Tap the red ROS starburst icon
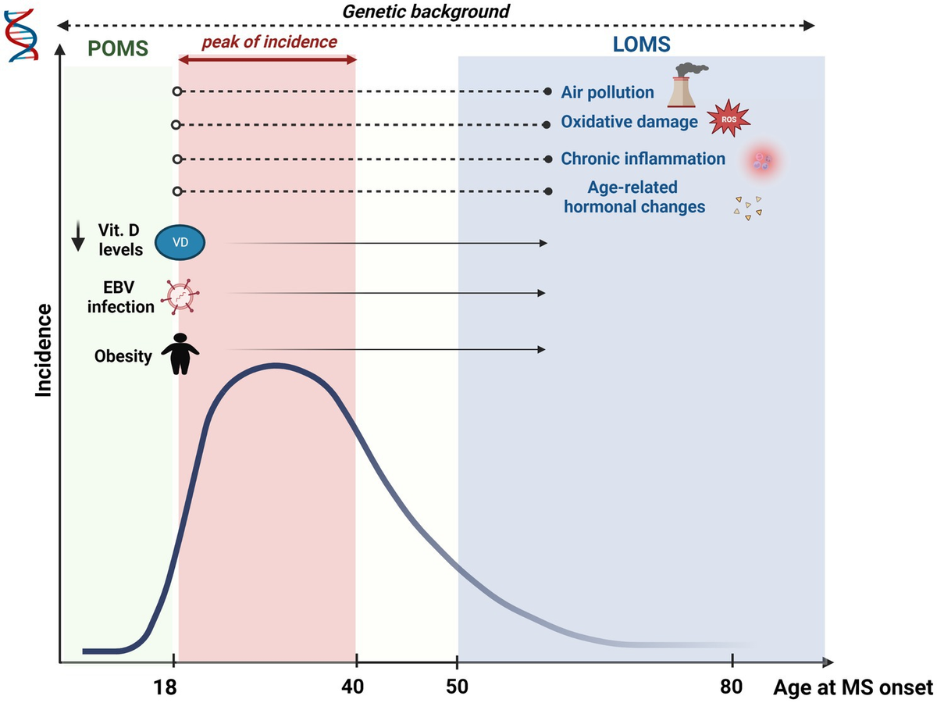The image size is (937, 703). point(729,119)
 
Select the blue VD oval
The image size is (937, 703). point(180,243)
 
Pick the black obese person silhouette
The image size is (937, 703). point(180,353)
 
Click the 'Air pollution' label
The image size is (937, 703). point(607,92)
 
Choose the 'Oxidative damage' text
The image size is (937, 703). point(629,123)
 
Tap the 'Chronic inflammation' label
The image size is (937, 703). point(643,159)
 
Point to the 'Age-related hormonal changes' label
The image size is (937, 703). point(633,197)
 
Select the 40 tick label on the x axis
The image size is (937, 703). point(353,687)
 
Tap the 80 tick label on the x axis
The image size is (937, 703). point(731,687)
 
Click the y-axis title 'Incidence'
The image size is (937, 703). point(44,351)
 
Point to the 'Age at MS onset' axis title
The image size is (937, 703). point(853,687)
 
